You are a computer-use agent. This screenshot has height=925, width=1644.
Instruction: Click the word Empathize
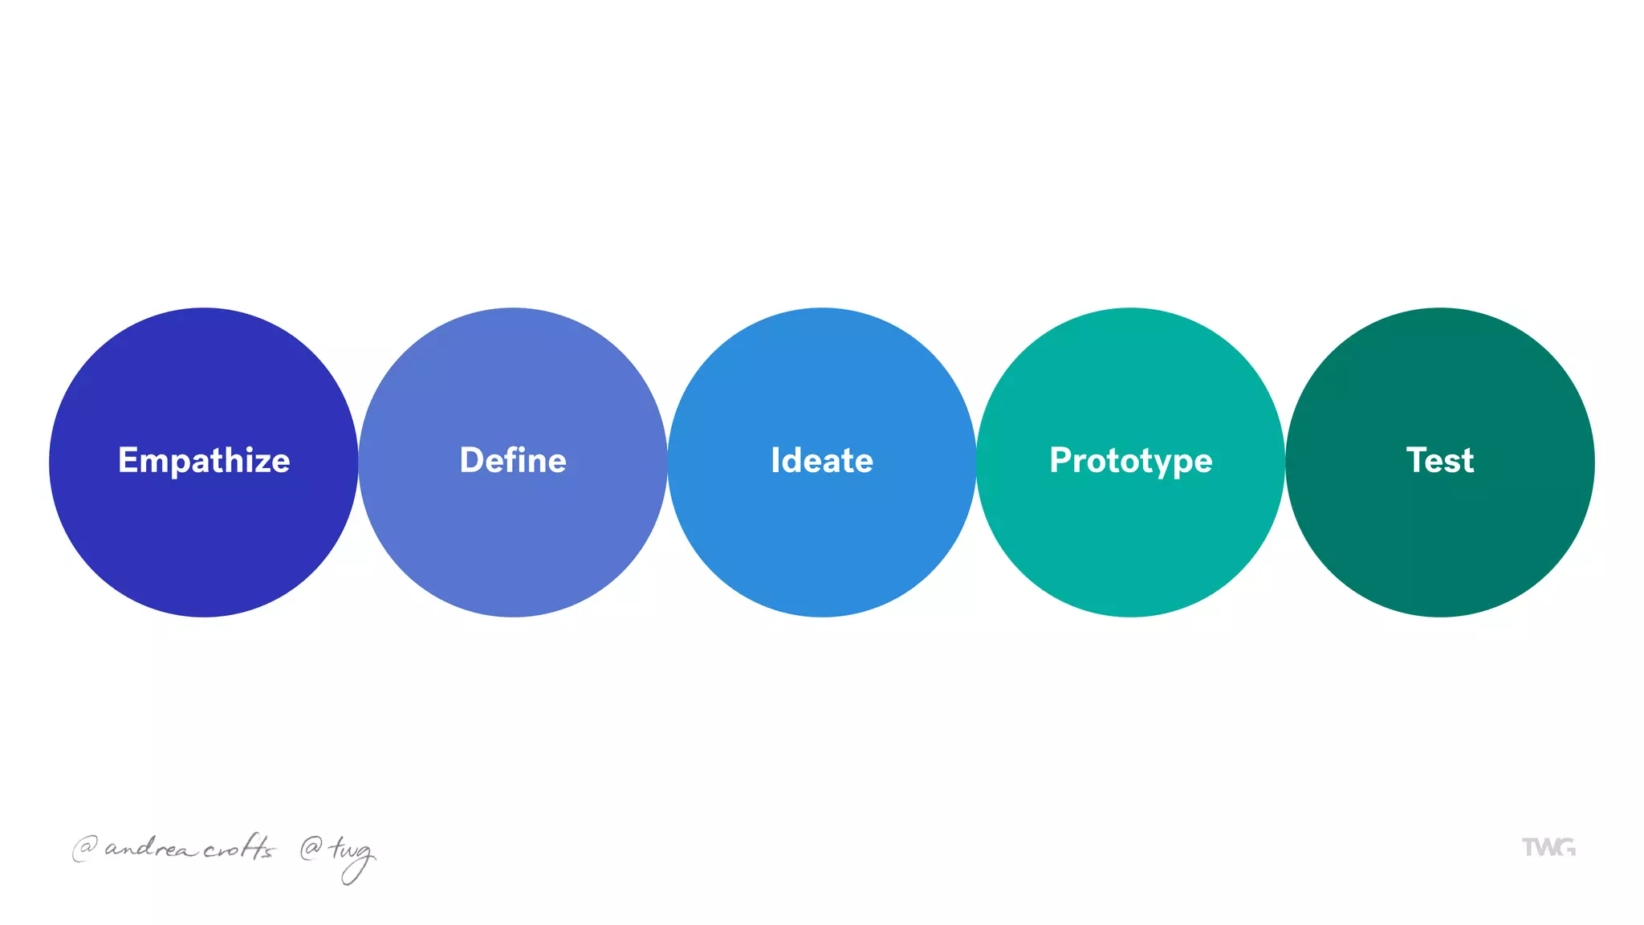(204, 461)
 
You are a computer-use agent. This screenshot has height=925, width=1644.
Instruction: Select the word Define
(513, 461)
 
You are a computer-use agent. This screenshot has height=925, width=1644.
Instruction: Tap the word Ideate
(821, 461)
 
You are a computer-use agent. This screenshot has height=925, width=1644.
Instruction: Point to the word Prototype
(1130, 461)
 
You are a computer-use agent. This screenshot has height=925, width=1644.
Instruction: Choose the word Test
(1439, 461)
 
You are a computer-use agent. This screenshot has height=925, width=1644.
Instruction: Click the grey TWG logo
(1548, 847)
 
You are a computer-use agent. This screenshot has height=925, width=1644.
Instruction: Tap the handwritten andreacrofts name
(189, 848)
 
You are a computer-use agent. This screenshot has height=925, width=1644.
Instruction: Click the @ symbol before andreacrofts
(84, 848)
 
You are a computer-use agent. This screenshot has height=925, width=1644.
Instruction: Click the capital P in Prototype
(1061, 461)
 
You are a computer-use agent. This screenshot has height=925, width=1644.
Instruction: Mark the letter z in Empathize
(261, 463)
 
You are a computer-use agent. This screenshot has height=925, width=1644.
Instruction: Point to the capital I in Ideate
(775, 461)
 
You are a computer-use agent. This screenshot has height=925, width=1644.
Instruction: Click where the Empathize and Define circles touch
(358, 462)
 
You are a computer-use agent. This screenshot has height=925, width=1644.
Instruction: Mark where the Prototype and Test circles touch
(1285, 462)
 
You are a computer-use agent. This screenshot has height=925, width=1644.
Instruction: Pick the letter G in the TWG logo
(1565, 847)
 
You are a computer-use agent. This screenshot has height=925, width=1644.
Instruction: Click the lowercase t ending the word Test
(1467, 462)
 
